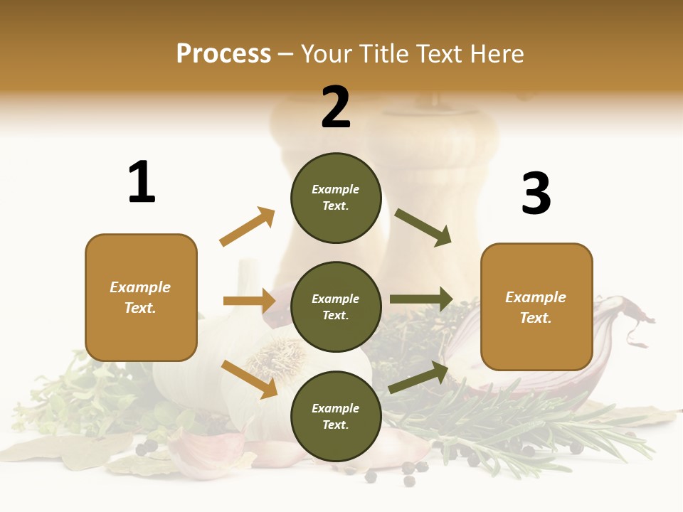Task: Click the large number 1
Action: (x=142, y=182)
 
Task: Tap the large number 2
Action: (x=336, y=107)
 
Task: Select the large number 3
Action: (x=536, y=193)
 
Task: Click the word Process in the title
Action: (x=223, y=53)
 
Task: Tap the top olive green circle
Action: (x=336, y=198)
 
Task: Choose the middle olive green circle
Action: (x=336, y=306)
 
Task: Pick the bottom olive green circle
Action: (x=336, y=416)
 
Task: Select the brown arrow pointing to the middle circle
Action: (x=249, y=301)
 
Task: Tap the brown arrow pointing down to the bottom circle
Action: (x=249, y=378)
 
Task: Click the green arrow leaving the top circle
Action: (x=423, y=227)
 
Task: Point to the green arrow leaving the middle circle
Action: (x=421, y=299)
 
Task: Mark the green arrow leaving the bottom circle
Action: (x=418, y=378)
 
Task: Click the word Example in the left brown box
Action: (x=140, y=287)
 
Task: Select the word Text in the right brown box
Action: (x=536, y=318)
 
